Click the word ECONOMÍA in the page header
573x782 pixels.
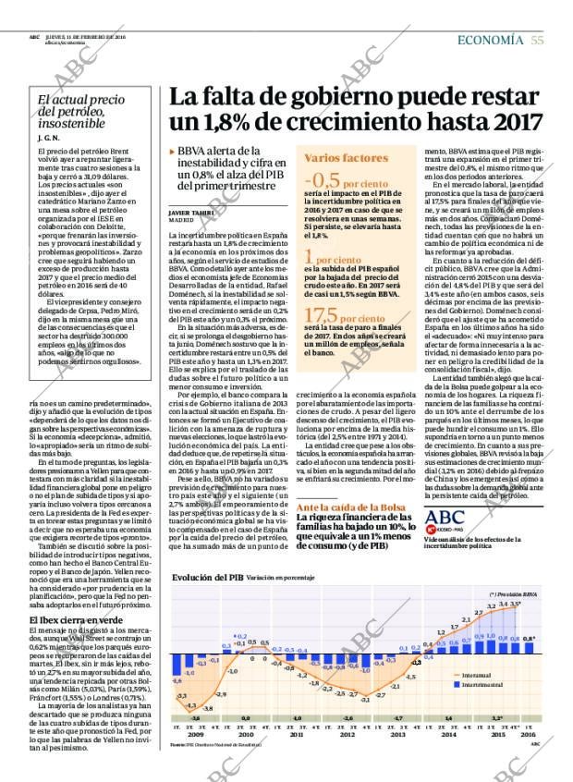click(493, 39)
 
